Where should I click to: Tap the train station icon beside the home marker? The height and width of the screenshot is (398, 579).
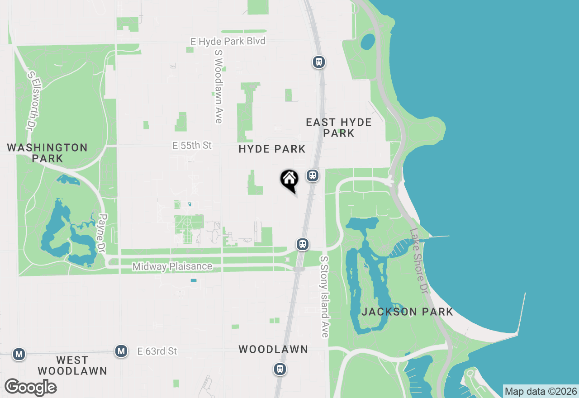312,175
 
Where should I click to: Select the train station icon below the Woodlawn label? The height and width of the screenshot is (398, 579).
280,369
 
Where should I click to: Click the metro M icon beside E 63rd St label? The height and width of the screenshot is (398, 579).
121,351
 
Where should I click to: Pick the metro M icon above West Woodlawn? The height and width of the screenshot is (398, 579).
19,354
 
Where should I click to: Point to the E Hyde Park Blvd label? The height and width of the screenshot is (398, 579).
228,41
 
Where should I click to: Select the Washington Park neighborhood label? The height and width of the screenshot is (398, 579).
47,153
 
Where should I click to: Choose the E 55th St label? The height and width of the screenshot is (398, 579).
192,146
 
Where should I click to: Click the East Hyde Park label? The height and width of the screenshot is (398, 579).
339,128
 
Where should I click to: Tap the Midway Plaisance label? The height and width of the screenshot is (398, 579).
172,266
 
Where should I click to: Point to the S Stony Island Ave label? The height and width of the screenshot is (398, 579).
324,297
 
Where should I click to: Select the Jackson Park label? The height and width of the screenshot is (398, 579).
407,312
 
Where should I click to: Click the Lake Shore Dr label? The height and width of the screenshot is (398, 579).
418,261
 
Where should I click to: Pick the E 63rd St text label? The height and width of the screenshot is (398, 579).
157,351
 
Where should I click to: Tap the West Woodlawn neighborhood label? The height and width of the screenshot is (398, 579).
72,365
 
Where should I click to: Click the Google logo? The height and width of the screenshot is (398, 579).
30,388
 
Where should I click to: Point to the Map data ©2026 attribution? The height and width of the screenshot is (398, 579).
541,391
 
